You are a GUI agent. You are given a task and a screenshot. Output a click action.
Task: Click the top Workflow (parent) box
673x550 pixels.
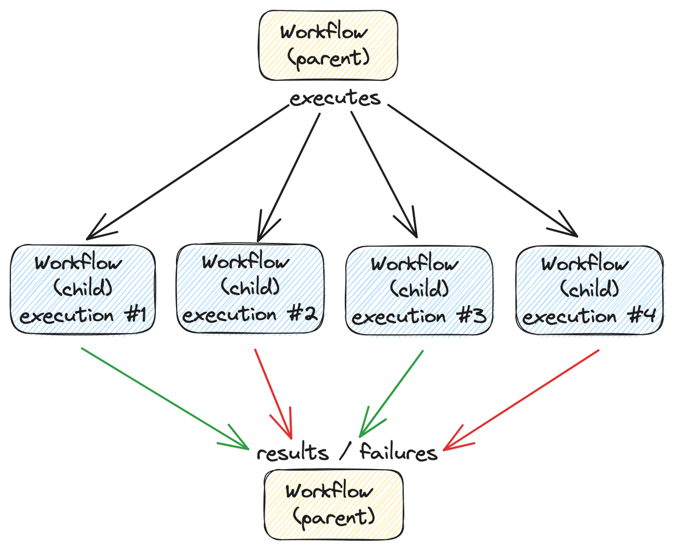[x=328, y=45]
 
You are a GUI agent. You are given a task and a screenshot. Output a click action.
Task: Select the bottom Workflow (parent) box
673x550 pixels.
[x=333, y=504]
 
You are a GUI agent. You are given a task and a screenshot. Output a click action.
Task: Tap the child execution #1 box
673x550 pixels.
[x=83, y=290]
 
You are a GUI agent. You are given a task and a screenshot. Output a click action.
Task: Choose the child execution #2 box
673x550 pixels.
[x=250, y=288]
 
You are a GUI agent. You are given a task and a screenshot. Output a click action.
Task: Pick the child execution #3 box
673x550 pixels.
[x=419, y=290]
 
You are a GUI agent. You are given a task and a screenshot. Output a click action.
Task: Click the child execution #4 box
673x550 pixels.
[x=590, y=290]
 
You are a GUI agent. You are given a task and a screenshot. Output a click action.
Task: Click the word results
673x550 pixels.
[x=292, y=452]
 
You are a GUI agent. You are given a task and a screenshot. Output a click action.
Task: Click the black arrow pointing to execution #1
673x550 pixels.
[x=187, y=172]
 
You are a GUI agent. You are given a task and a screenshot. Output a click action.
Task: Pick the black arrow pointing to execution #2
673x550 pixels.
[x=288, y=178]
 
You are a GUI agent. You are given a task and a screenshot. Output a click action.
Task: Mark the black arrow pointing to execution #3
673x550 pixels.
[x=384, y=175]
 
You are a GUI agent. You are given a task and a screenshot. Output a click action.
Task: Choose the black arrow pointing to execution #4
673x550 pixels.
[x=483, y=171]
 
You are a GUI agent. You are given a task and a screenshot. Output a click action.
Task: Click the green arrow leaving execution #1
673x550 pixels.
[x=165, y=399]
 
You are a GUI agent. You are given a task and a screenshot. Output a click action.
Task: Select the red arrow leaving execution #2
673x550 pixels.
[x=273, y=394]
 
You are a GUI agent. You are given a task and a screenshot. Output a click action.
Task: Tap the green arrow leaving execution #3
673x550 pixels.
[x=391, y=394]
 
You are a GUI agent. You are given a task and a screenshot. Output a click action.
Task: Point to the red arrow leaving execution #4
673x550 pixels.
[x=521, y=400]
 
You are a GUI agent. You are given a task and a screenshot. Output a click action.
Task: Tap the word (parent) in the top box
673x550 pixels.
[x=328, y=59]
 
